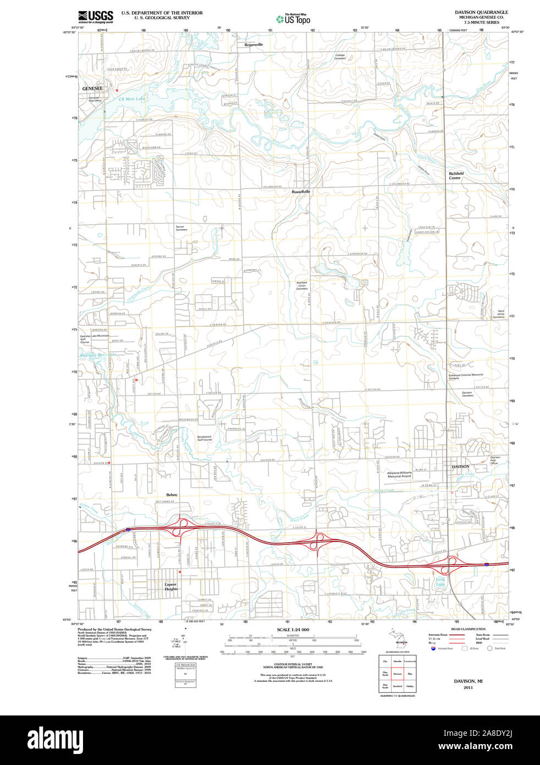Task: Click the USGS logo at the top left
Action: (x=96, y=16)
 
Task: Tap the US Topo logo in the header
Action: (x=294, y=19)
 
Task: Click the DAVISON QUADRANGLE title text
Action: (x=481, y=12)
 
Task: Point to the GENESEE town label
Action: (x=92, y=88)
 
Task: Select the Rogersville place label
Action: (x=254, y=45)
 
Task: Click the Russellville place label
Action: (x=301, y=192)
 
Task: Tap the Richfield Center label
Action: (x=456, y=176)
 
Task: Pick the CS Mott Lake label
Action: (x=132, y=99)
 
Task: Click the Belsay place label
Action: (x=172, y=495)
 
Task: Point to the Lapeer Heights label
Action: (x=171, y=586)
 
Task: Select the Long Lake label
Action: (x=440, y=582)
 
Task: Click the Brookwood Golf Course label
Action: (x=205, y=438)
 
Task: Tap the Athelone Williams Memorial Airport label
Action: (x=399, y=474)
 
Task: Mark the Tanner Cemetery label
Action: (x=181, y=228)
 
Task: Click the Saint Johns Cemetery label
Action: (x=498, y=314)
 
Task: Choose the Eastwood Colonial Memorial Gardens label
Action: (x=465, y=376)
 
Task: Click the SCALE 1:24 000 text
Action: (x=293, y=630)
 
